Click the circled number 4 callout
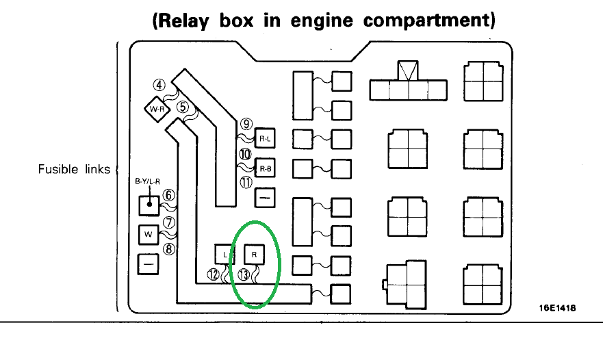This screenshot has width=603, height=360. tap(159, 86)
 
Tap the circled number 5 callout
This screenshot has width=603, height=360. tap(182, 107)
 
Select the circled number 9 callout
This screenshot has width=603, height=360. tap(246, 124)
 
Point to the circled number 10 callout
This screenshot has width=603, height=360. tap(246, 155)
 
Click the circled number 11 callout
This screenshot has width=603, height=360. tap(246, 181)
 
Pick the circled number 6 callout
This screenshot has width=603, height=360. tap(170, 195)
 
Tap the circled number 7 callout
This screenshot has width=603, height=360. tap(170, 222)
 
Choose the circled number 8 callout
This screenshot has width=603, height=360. tap(170, 249)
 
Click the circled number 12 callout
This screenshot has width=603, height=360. tap(214, 274)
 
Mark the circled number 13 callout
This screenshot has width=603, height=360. tap(244, 274)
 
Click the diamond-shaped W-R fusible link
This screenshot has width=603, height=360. tap(157, 109)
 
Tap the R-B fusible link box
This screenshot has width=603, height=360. tap(264, 168)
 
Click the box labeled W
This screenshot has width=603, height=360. tap(148, 234)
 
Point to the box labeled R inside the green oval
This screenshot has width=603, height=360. tap(254, 254)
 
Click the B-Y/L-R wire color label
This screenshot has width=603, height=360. tap(147, 182)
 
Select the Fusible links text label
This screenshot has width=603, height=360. tap(74, 168)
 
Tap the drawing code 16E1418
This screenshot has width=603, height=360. tap(556, 308)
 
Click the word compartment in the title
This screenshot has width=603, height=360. tap(429, 20)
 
